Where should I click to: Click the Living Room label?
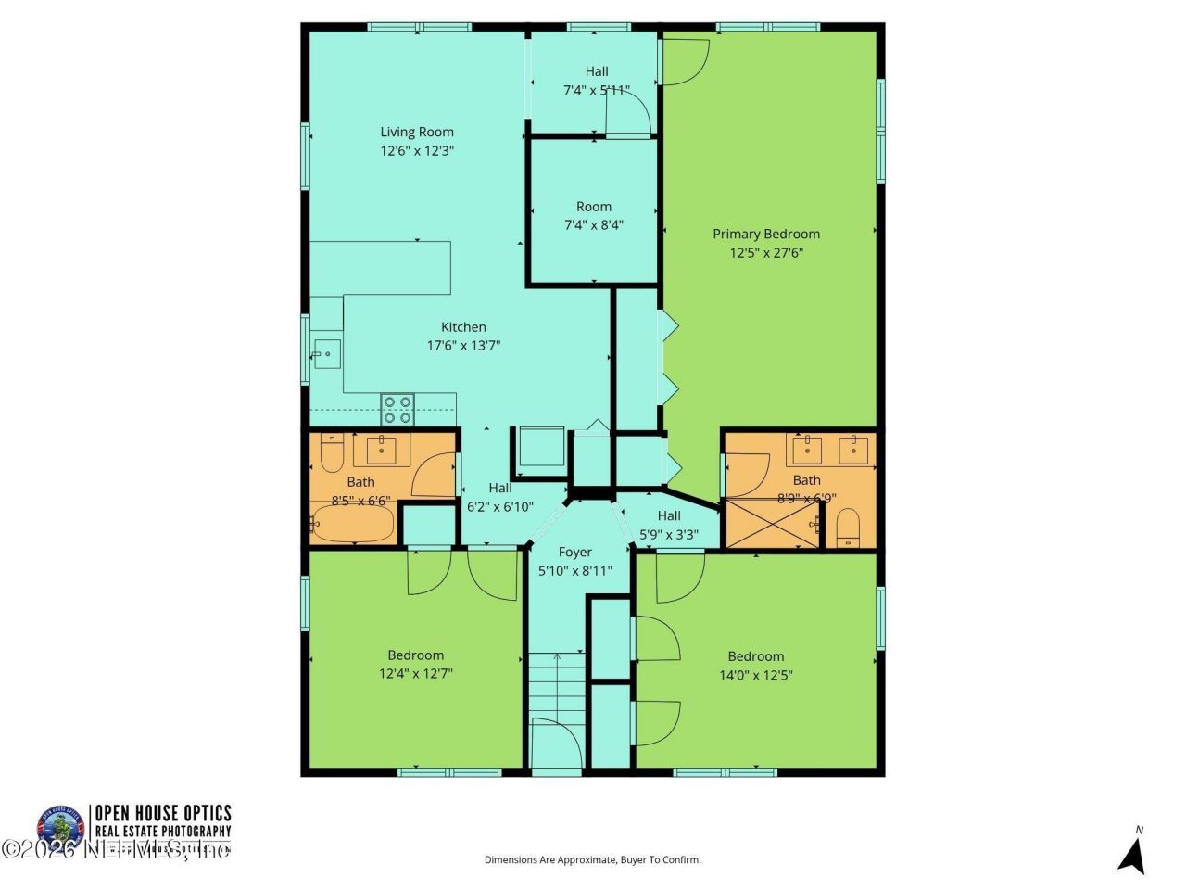[x=417, y=132]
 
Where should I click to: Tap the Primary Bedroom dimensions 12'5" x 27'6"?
[x=765, y=252]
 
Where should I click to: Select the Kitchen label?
[x=463, y=326]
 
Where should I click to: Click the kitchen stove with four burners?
[x=398, y=409]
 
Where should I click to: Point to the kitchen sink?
[x=326, y=353]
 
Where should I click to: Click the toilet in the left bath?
[x=332, y=453]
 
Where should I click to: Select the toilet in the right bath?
[x=849, y=529]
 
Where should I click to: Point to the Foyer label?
[x=574, y=552]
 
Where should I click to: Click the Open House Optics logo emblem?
[x=60, y=825]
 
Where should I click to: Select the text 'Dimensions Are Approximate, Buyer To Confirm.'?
[x=593, y=859]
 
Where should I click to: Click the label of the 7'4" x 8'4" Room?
[x=594, y=207]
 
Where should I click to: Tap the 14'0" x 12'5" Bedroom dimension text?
[x=755, y=675]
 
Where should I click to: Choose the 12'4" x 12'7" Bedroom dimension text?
[x=415, y=674]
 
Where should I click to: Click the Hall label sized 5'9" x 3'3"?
[x=669, y=515]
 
